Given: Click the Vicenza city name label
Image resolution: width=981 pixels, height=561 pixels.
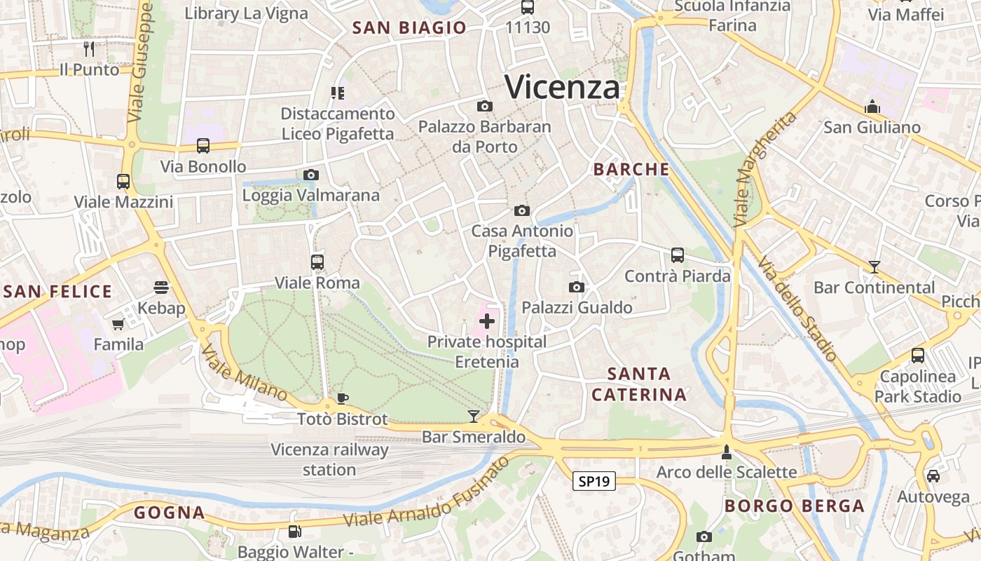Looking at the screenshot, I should pos(562,88).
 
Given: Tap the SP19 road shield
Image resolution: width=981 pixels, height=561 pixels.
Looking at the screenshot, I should pos(594,481).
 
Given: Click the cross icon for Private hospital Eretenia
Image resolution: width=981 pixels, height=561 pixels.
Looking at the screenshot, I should pos(486,322).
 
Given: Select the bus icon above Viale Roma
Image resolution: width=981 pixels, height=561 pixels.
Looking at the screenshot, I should pos(317,262).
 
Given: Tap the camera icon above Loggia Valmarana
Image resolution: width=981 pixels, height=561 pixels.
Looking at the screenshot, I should pos(311,175).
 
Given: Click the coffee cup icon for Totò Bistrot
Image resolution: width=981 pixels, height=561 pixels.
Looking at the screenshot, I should pos(342,398).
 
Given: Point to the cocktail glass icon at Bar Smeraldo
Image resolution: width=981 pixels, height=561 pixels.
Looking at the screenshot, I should pos(474,417).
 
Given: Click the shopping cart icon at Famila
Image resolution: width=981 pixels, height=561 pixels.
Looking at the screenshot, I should pos(118,324).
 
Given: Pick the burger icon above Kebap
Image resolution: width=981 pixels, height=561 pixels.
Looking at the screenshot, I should pos(161,288).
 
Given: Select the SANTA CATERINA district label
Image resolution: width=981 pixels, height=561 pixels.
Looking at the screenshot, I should pos(638,384).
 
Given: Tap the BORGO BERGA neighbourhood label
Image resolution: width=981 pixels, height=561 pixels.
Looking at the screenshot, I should pos(794,506).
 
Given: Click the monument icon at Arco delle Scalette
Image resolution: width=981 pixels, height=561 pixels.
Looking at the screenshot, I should pos(727,452).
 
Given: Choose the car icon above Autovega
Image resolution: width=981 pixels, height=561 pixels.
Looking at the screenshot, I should pos(933,476).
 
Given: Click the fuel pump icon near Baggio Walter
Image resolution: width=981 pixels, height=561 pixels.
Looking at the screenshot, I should pos(294,532).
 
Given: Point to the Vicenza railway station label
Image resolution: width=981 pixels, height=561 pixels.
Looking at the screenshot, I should pos(329,459).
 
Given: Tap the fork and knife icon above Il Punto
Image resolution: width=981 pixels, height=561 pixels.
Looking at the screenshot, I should pos(89,49).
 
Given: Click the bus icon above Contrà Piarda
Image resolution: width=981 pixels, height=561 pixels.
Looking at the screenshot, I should pos(677,255).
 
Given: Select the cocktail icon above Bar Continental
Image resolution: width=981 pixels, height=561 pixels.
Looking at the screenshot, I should pos(874,266).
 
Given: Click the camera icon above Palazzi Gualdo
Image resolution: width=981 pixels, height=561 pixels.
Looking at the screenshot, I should pos(577,287).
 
